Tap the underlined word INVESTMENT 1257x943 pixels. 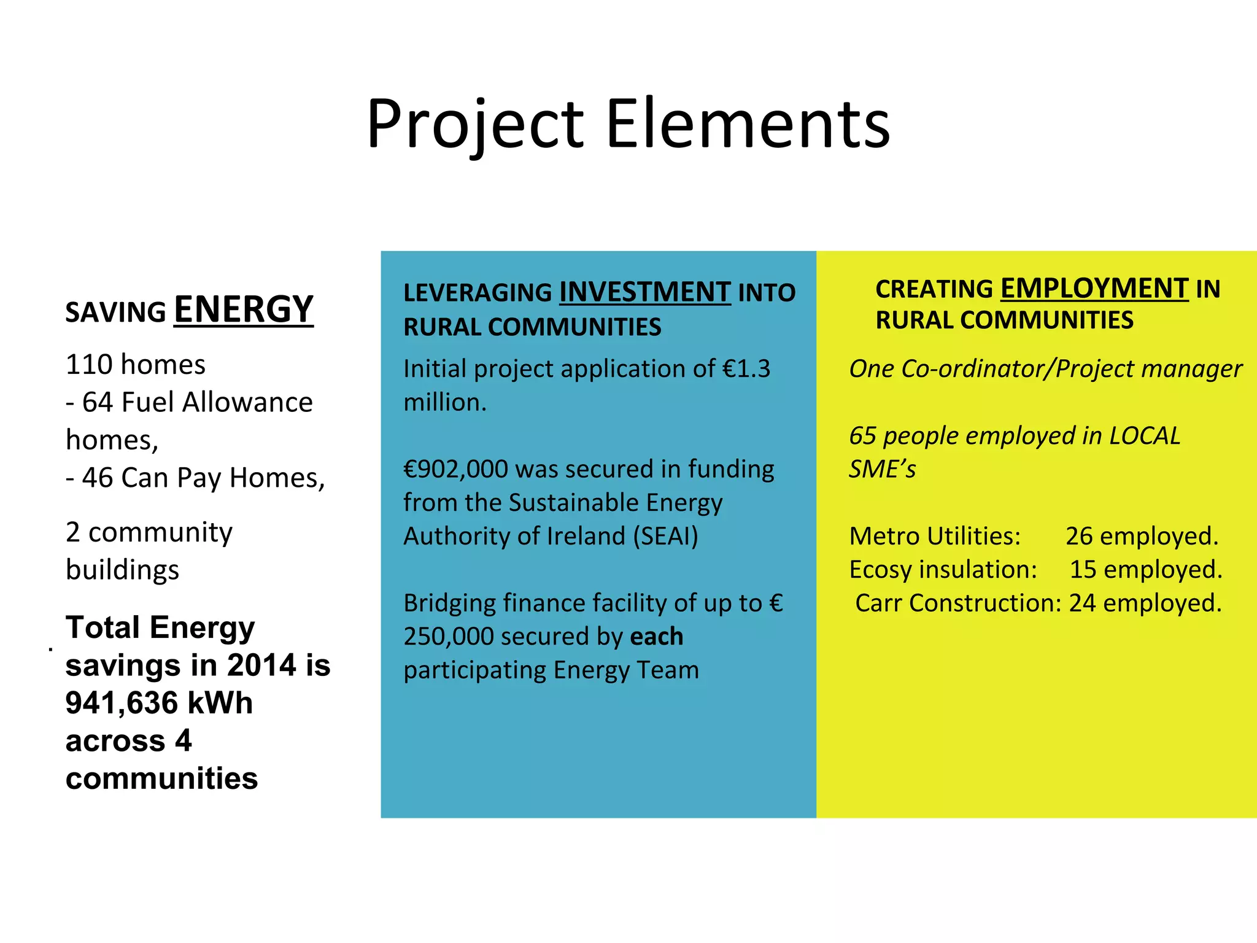[644, 292]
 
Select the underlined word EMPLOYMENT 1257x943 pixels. [1094, 289]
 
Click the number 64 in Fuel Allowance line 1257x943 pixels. [98, 403]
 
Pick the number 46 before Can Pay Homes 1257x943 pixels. [98, 478]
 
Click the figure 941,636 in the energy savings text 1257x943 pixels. [122, 703]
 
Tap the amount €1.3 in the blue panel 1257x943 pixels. [746, 369]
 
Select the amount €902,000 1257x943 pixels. [455, 470]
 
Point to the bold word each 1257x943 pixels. [656, 637]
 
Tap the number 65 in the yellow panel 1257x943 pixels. [862, 436]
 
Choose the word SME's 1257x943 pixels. [882, 470]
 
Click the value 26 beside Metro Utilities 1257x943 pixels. [1078, 537]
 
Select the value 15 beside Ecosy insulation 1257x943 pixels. [1083, 570]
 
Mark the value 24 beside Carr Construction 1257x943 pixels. [1082, 603]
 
